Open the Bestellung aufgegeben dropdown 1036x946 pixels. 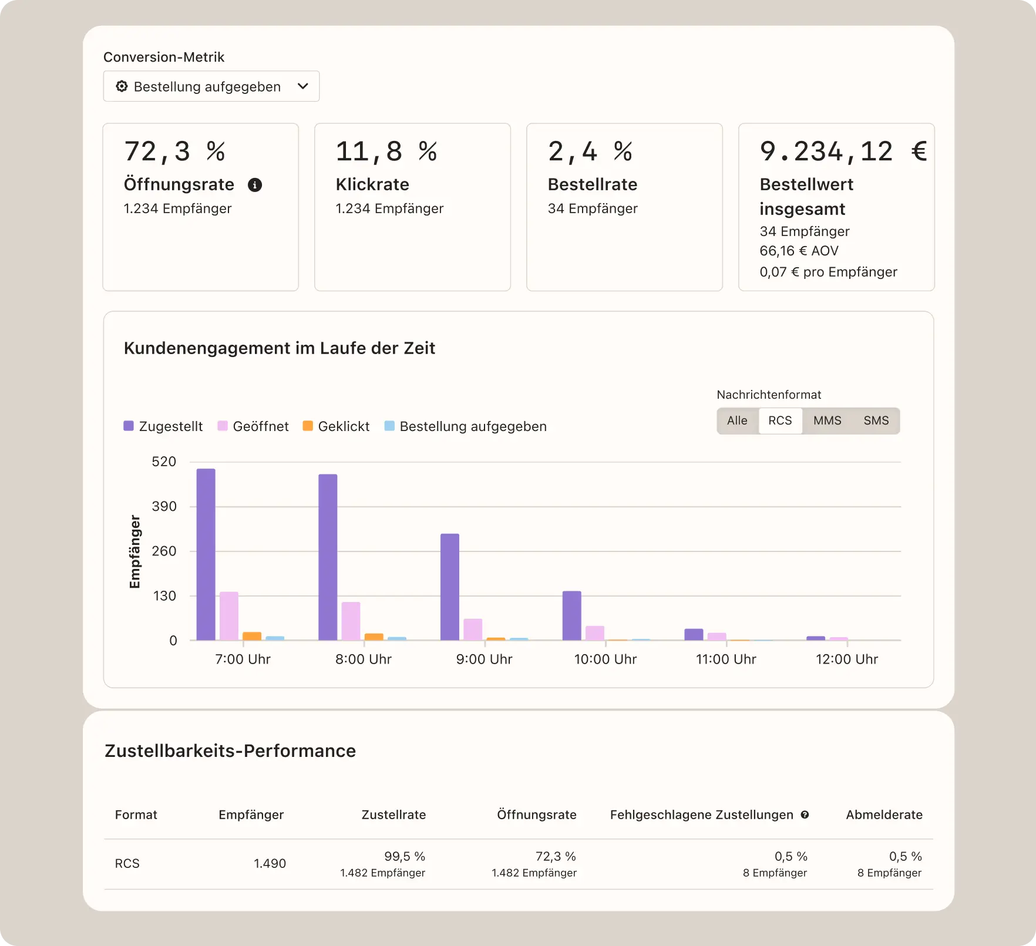tap(211, 86)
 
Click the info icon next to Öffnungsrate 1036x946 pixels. tap(255, 185)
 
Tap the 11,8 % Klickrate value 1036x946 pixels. tap(386, 152)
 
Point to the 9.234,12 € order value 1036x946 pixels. tap(842, 152)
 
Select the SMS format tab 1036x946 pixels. tap(876, 420)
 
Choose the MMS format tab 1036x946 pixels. tap(827, 420)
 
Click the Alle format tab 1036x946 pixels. tap(737, 420)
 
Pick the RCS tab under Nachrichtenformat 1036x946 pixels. tap(780, 420)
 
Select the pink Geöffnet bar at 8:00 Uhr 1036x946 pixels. tap(351, 621)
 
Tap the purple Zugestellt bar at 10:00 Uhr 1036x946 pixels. tap(571, 615)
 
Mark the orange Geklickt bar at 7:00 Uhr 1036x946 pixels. tap(252, 636)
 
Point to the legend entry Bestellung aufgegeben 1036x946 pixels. tap(465, 426)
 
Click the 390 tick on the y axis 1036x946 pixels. tap(164, 506)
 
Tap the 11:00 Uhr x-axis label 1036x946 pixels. tap(726, 659)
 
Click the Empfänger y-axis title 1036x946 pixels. tap(135, 551)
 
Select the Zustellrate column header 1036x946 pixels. tap(393, 814)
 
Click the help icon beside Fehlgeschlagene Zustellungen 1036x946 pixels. tap(805, 814)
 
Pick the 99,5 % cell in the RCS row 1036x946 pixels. tap(404, 856)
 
